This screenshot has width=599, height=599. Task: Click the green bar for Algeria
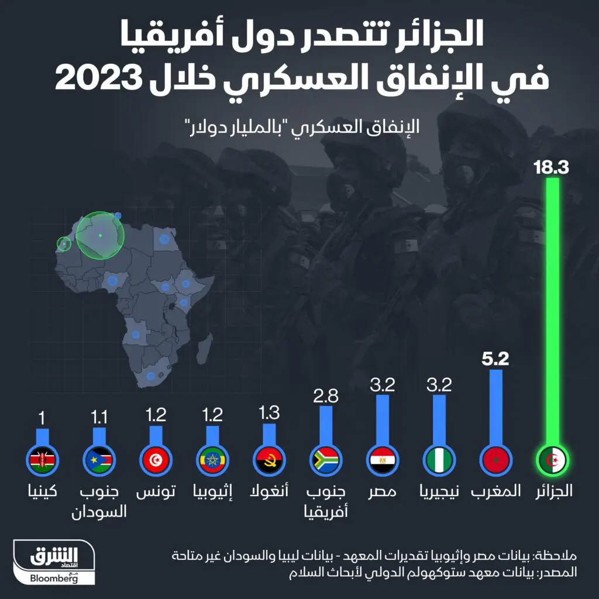(x=552, y=310)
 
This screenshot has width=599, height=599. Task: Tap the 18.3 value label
(x=551, y=168)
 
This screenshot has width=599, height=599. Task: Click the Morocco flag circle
(x=496, y=460)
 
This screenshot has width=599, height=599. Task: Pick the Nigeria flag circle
(x=439, y=460)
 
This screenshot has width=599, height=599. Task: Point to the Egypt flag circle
(x=383, y=460)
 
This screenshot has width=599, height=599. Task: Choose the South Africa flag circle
(x=326, y=460)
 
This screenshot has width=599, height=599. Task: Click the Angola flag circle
(x=269, y=460)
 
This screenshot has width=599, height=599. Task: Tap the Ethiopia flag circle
(x=212, y=460)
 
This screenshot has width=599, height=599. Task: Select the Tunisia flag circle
(x=155, y=460)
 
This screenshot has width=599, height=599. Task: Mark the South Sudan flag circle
(x=99, y=460)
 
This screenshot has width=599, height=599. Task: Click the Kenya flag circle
(x=42, y=460)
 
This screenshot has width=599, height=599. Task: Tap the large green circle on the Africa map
(x=100, y=235)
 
